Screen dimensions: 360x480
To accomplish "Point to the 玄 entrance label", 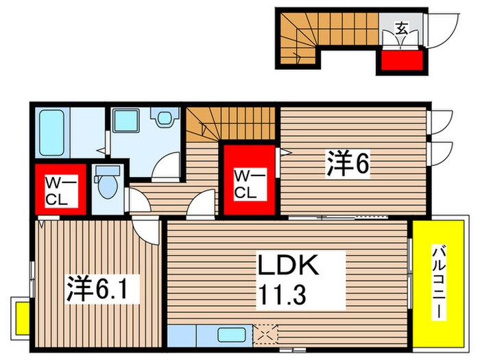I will pyautogui.click(x=401, y=29).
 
